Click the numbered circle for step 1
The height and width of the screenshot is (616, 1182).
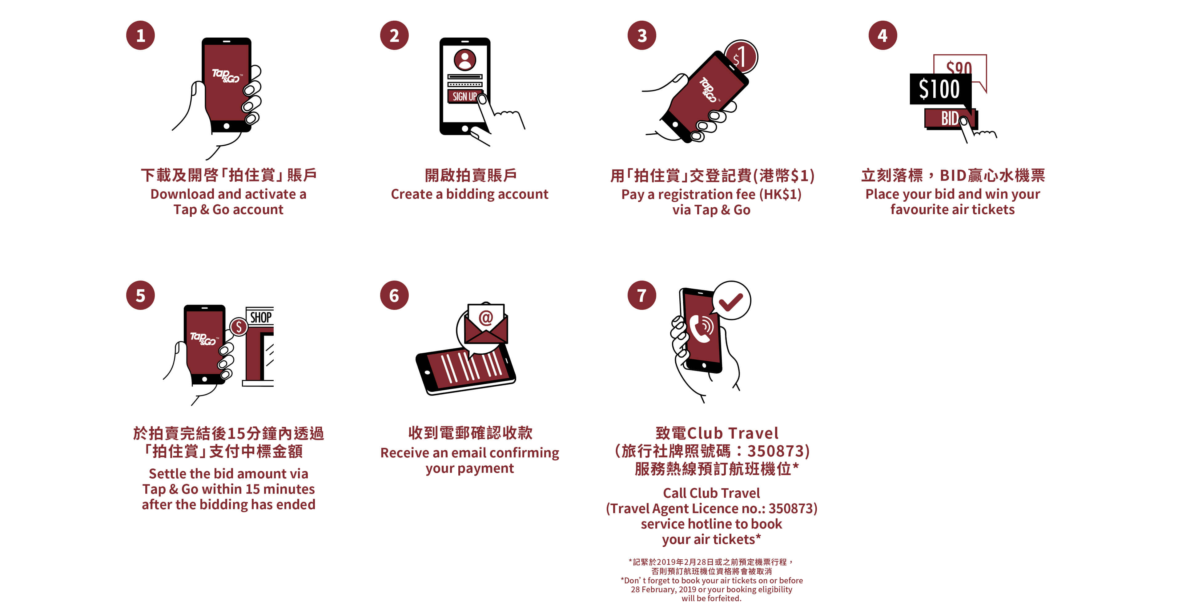coord(140,35)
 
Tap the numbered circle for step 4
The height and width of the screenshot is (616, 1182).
coord(882,35)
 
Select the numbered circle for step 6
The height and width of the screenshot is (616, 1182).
coord(394,295)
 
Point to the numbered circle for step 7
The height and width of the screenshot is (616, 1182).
coord(642,295)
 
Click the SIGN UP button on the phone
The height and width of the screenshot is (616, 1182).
coord(464,96)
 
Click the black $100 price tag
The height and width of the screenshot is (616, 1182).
coord(940,89)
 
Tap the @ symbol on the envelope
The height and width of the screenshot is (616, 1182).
coord(485,317)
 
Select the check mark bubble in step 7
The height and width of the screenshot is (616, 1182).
coord(731,301)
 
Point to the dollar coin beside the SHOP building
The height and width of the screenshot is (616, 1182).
coord(239,327)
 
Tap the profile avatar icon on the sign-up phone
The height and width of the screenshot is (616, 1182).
coord(465,60)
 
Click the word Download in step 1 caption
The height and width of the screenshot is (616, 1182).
coord(182,194)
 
